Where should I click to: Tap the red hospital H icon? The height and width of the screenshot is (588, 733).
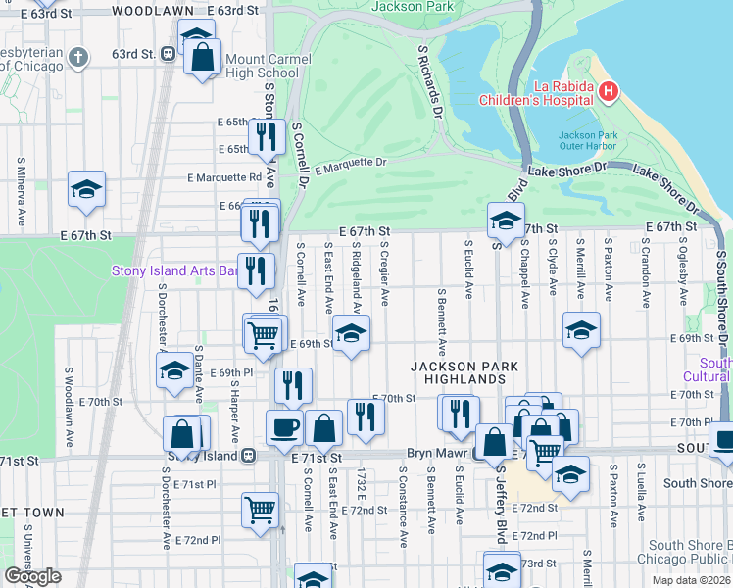coord(609,92)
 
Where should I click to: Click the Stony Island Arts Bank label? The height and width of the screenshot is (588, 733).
coord(176,270)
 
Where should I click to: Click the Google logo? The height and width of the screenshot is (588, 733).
coord(32,576)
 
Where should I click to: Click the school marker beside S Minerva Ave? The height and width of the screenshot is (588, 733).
coord(86,188)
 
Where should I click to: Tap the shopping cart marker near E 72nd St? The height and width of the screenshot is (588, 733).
coord(261,508)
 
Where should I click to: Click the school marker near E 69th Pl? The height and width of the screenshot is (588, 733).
coord(174,370)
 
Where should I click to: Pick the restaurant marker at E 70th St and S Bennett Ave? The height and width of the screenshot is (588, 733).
coord(460,413)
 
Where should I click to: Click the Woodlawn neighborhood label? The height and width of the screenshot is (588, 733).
coord(152,10)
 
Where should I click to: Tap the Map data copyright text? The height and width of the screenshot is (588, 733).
coord(692,580)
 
